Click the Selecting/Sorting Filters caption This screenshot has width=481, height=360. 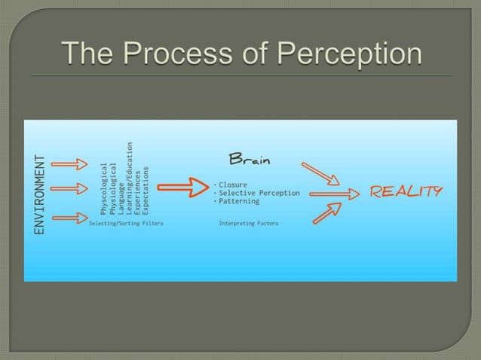click(x=126, y=224)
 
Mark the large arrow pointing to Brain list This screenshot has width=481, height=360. click(x=188, y=187)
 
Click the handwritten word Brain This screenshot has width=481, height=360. click(x=250, y=160)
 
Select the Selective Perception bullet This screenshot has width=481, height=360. click(x=257, y=193)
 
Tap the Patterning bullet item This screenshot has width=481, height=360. click(x=237, y=201)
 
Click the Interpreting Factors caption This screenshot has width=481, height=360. click(x=248, y=224)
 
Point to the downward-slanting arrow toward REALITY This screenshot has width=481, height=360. click(x=320, y=172)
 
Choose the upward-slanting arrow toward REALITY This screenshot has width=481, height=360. click(x=327, y=213)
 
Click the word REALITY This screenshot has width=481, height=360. click(x=406, y=191)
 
